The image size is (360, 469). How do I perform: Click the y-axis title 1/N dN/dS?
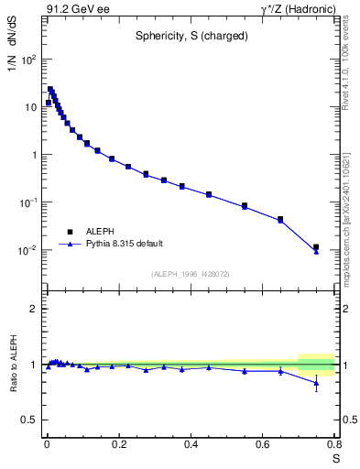[x=12, y=70]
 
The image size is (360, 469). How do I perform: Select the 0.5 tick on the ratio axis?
[x=30, y=420]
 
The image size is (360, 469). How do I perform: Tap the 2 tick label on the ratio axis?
[x=34, y=309]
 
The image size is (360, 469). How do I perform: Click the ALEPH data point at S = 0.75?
[x=316, y=247]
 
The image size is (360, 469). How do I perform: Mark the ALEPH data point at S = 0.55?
[x=245, y=206]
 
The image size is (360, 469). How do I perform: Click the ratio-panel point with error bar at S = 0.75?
[x=316, y=383]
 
